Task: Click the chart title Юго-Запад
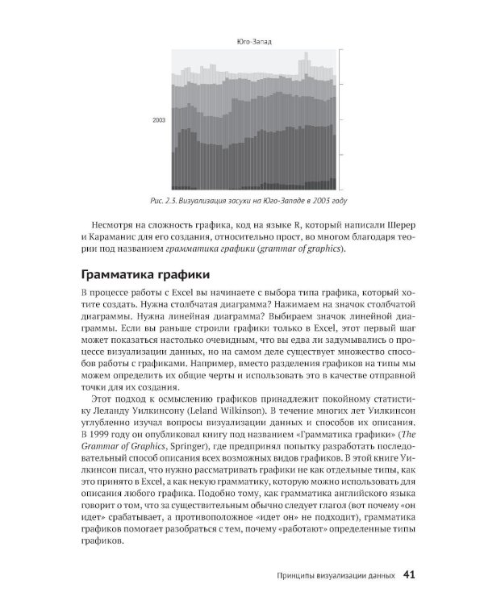pyautogui.click(x=253, y=42)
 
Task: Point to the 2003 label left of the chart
pyautogui.click(x=158, y=119)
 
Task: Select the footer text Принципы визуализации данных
pyautogui.click(x=330, y=576)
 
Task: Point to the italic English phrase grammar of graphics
pyautogui.click(x=303, y=249)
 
